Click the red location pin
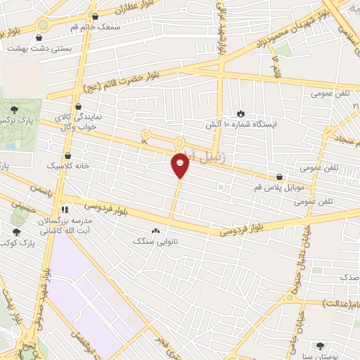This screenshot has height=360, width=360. tap(181, 166)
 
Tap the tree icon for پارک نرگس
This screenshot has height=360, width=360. tap(15, 108)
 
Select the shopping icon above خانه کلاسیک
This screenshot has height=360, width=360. tap(68, 155)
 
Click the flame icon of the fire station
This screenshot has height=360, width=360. tap(240, 112)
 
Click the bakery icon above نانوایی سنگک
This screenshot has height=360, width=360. tap(155, 230)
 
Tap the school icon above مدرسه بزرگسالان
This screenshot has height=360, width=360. tap(64, 209)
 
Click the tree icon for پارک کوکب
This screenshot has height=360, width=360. tap(16, 231)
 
